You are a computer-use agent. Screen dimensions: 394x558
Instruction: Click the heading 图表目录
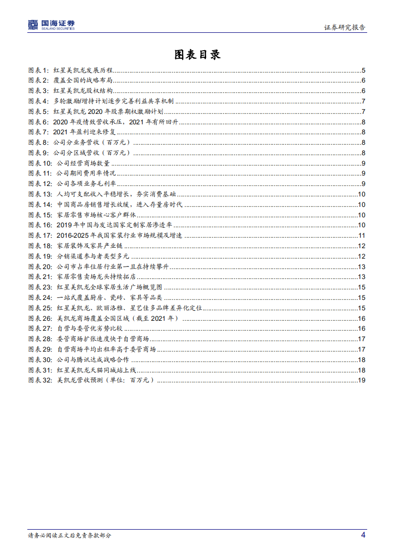click(197, 55)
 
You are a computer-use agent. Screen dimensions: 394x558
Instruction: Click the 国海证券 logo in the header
click(51, 24)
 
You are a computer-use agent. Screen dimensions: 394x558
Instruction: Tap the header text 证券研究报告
click(344, 27)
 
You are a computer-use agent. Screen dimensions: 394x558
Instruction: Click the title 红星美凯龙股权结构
click(83, 91)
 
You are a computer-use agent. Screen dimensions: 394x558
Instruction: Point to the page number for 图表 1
click(364, 71)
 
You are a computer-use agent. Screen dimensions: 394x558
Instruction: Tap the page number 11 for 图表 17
click(362, 235)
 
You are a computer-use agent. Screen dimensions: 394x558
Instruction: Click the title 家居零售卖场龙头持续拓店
click(97, 277)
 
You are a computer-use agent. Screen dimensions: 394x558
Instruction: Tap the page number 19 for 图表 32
click(362, 380)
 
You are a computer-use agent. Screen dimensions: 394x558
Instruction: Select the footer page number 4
click(363, 535)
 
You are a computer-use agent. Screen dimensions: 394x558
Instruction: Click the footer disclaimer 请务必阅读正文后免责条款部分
click(70, 536)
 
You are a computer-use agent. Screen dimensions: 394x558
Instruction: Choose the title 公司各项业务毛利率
click(87, 184)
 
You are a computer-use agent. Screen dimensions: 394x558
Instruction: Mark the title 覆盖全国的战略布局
click(83, 81)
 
